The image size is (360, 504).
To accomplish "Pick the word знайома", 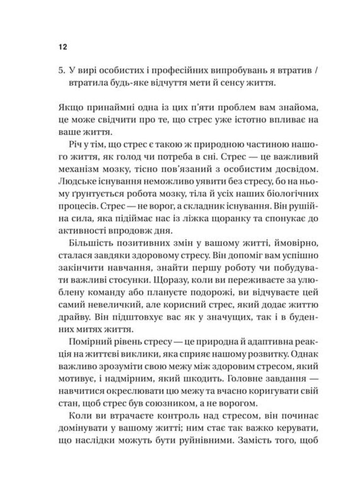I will point(286,107).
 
